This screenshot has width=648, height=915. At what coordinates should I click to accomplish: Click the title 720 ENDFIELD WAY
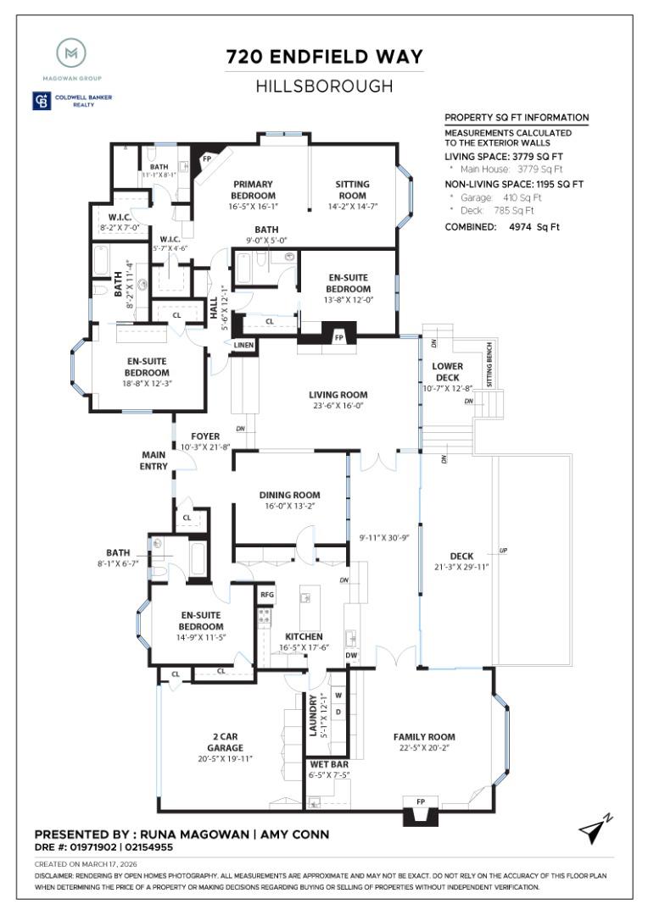click(324, 58)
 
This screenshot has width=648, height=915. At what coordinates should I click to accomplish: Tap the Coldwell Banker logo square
click(41, 102)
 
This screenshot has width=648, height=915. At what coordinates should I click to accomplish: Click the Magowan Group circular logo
click(71, 54)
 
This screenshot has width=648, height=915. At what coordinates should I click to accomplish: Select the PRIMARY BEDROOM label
click(253, 190)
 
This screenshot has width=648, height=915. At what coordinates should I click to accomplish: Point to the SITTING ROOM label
click(352, 190)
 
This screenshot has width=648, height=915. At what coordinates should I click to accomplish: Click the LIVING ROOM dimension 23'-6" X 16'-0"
click(338, 406)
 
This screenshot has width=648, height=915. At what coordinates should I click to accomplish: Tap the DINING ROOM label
click(289, 495)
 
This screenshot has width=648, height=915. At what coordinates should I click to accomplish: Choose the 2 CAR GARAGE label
click(225, 742)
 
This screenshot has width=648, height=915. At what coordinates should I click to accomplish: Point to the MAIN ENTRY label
click(154, 460)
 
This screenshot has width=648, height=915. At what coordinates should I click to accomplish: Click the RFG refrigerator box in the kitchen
click(266, 595)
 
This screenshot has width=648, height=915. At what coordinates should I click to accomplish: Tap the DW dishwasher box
click(352, 656)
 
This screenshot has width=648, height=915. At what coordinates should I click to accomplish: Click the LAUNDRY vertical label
click(313, 716)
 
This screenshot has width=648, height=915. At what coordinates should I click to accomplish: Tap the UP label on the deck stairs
click(503, 552)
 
